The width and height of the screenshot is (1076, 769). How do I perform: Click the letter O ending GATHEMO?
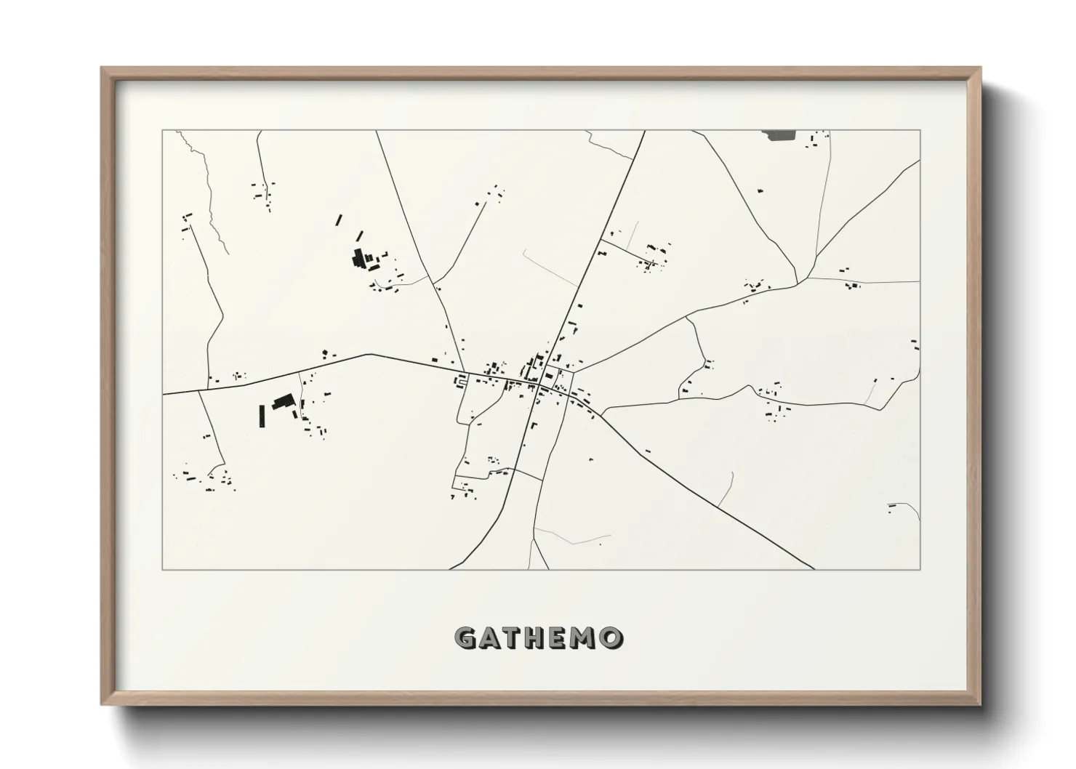click(x=611, y=638)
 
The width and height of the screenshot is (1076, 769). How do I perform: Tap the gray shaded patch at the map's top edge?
click(x=779, y=134)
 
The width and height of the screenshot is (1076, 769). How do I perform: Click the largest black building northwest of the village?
click(x=358, y=258)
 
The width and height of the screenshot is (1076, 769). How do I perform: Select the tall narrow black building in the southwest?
click(x=262, y=415)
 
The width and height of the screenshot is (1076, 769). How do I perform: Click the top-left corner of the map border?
click(x=163, y=131)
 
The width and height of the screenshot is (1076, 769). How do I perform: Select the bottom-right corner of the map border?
click(x=920, y=569)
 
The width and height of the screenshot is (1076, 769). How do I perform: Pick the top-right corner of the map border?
click(x=920, y=131)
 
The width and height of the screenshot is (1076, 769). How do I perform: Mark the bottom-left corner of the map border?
click(x=163, y=569)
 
